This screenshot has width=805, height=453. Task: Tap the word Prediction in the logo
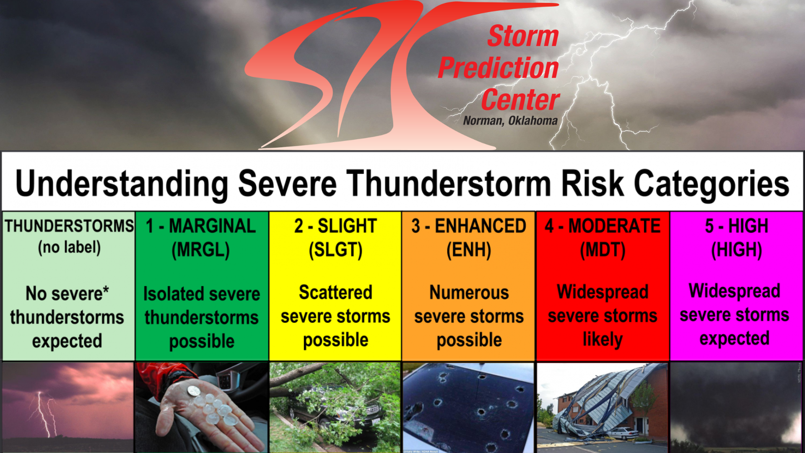(499, 68)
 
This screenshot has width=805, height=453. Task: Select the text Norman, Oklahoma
(510, 121)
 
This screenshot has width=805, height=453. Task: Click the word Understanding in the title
(122, 184)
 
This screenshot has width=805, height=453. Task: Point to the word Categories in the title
(712, 184)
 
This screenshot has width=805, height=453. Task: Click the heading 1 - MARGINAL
(201, 226)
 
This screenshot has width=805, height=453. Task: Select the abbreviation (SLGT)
(335, 250)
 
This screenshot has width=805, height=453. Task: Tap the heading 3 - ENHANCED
(469, 226)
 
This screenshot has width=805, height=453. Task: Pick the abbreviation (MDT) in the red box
(603, 250)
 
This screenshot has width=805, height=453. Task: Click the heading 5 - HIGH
(737, 226)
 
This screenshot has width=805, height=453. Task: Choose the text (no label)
(70, 247)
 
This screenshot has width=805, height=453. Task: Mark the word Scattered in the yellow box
(335, 292)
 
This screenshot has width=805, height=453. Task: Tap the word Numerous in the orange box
(469, 292)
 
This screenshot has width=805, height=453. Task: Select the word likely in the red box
(603, 340)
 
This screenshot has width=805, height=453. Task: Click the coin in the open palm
(194, 391)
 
